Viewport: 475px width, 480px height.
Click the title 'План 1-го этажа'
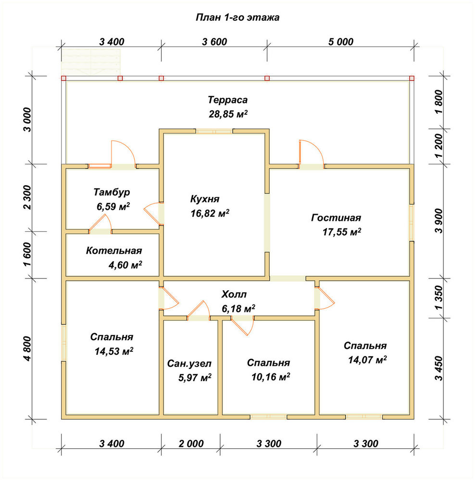(x=237, y=17)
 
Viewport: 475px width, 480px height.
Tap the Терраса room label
(x=227, y=100)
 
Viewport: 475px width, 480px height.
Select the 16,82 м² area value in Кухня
(x=210, y=213)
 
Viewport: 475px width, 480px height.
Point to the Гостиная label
(x=336, y=217)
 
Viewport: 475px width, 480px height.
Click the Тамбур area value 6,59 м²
(x=113, y=206)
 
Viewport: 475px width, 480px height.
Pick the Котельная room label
(x=114, y=251)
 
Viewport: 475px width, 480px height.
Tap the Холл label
(x=234, y=295)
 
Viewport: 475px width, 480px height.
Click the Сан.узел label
(x=189, y=364)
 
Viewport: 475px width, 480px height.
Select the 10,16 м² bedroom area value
(x=271, y=377)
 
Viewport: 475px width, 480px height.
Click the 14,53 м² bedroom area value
(x=114, y=351)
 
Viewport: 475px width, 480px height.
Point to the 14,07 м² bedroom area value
(x=367, y=360)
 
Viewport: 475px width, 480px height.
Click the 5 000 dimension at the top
(x=341, y=42)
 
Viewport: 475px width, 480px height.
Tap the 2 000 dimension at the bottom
(x=191, y=443)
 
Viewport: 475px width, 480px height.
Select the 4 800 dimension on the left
(x=27, y=348)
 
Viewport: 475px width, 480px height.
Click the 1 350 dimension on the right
(x=439, y=298)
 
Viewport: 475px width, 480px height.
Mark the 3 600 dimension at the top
(x=214, y=42)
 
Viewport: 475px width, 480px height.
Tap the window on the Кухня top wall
(x=214, y=132)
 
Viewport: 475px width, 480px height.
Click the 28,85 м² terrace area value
(x=228, y=114)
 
